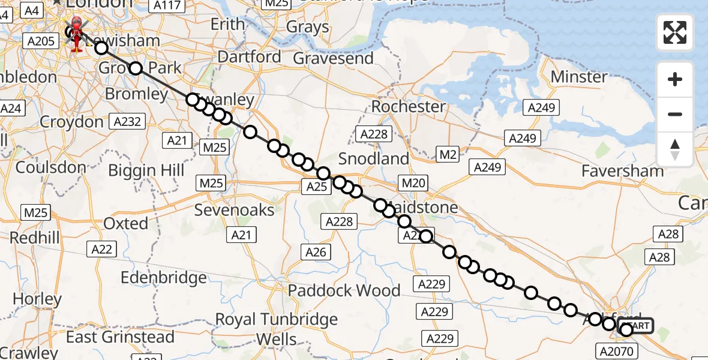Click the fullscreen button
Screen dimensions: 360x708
pyautogui.click(x=675, y=32)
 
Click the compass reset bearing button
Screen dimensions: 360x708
pyautogui.click(x=675, y=149)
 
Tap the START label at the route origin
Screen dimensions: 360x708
pyautogui.click(x=640, y=326)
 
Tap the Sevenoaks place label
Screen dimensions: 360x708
pyautogui.click(x=234, y=210)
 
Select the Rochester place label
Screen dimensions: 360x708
pyautogui.click(x=409, y=107)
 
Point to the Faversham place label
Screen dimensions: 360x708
pyautogui.click(x=623, y=171)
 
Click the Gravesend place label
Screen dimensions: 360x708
pyautogui.click(x=333, y=58)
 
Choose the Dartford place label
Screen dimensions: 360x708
pyautogui.click(x=249, y=57)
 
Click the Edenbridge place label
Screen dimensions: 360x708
pyautogui.click(x=164, y=278)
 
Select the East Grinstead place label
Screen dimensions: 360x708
pyautogui.click(x=120, y=337)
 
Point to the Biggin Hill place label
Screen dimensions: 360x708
pyautogui.click(x=146, y=170)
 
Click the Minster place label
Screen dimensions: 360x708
pyautogui.click(x=579, y=77)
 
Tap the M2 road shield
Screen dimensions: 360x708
pyautogui.click(x=448, y=155)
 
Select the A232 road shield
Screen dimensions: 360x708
pyautogui.click(x=127, y=122)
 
